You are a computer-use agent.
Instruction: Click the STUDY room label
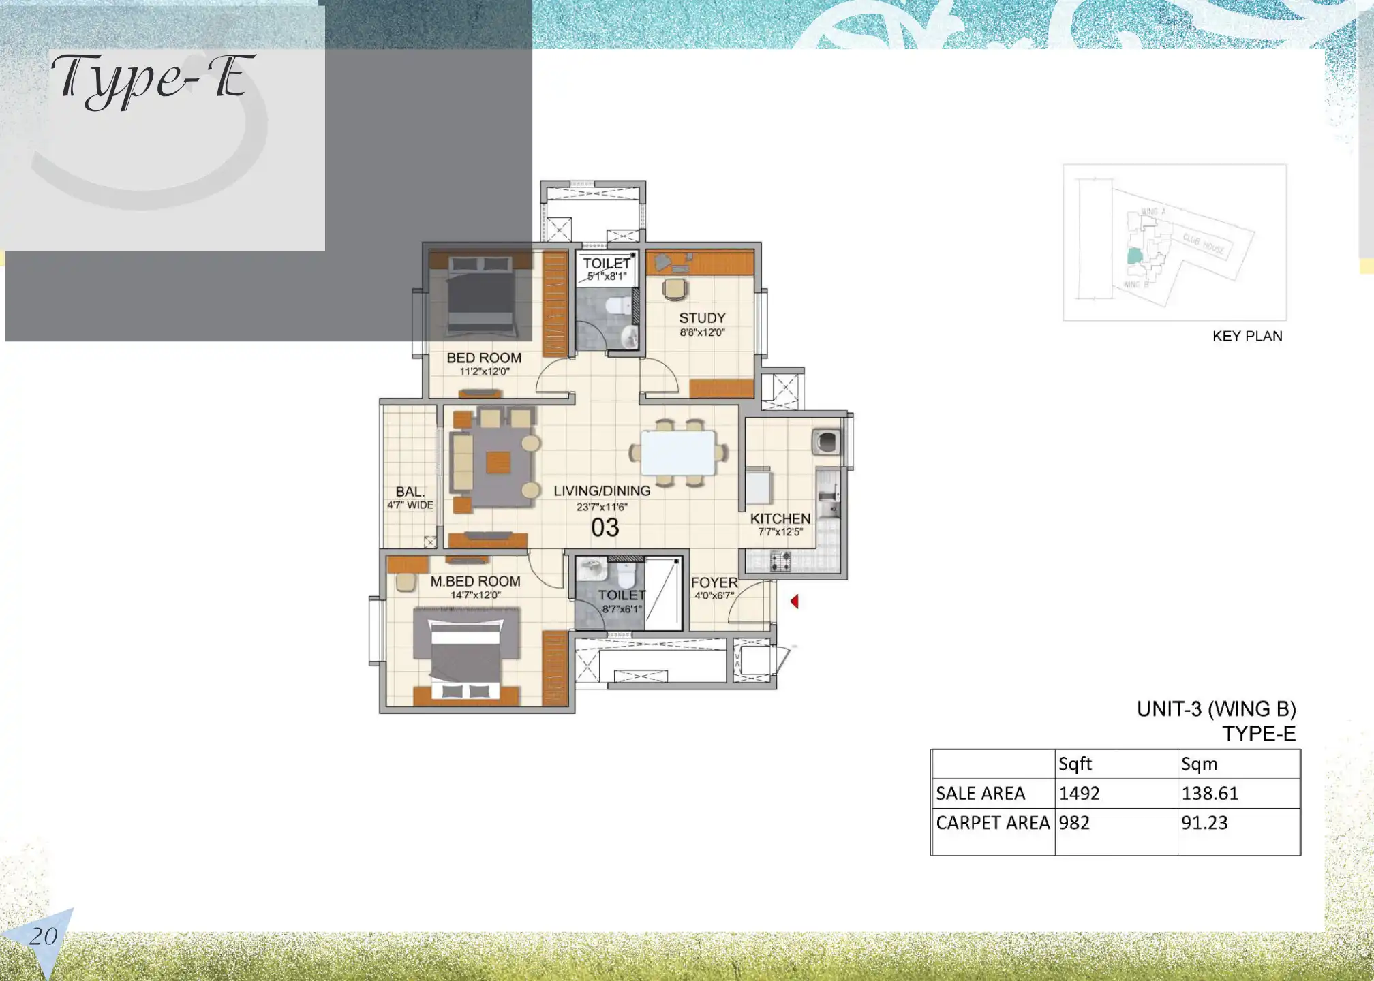[702, 318]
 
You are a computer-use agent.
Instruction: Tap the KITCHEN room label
[780, 519]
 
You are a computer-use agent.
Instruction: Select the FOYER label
[714, 582]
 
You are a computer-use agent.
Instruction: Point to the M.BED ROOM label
[475, 581]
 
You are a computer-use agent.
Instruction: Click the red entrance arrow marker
[795, 602]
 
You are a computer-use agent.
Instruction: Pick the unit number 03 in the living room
[605, 528]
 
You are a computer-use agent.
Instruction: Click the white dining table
[678, 453]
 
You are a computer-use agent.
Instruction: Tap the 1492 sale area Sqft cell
[1080, 794]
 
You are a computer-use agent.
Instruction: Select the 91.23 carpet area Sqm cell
[1204, 823]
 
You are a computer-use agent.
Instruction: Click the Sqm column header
[1199, 764]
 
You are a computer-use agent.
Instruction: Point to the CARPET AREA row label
[992, 823]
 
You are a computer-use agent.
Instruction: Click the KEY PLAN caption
[1247, 337]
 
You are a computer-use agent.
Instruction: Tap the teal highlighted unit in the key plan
[1133, 257]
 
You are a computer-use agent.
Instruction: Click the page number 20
[43, 937]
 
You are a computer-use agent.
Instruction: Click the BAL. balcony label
[410, 492]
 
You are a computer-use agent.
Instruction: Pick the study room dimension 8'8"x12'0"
[702, 333]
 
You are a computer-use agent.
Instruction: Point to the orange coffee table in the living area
[498, 463]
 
